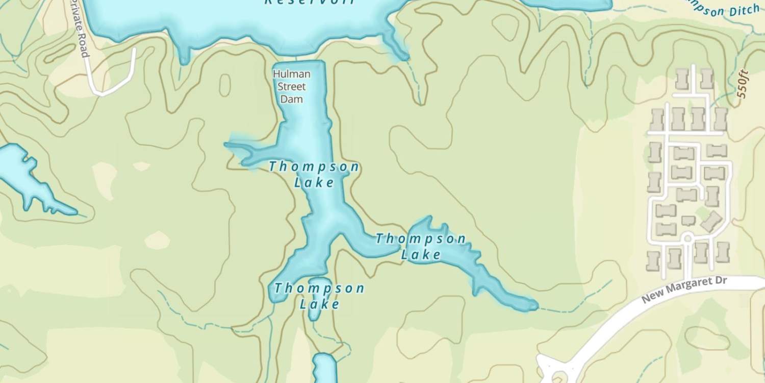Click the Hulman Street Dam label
click(x=292, y=86)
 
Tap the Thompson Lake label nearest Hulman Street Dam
click(x=314, y=174)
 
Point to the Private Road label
click(x=79, y=28)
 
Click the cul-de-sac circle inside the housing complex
click(x=687, y=238)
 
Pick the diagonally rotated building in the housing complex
click(x=711, y=221)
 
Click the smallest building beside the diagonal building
click(x=688, y=221)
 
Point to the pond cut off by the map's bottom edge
click(x=324, y=368)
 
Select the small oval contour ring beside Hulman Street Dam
click(x=225, y=85)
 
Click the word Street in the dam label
click(x=292, y=86)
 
